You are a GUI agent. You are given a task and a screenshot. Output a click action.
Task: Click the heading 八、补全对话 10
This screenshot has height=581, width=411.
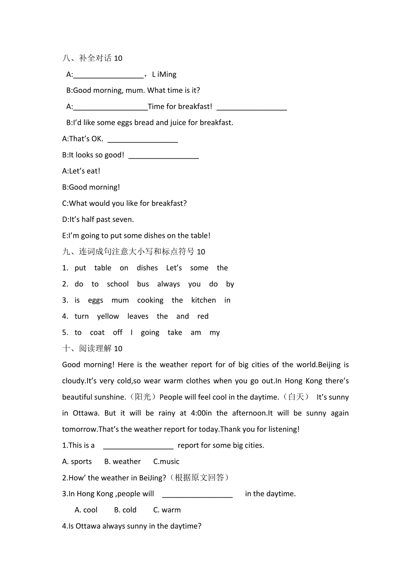pyautogui.click(x=92, y=58)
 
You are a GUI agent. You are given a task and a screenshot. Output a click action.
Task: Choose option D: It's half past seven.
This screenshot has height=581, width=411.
pyautogui.click(x=98, y=219)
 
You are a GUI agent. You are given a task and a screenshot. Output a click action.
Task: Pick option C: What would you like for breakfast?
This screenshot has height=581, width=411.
pyautogui.click(x=124, y=203)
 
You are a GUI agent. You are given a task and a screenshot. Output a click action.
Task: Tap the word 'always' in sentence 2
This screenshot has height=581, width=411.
pyautogui.click(x=168, y=284)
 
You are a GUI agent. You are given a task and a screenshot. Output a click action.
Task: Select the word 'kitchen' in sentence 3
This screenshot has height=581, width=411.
pyautogui.click(x=203, y=300)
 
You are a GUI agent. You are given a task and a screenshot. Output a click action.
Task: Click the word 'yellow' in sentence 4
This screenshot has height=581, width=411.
pyautogui.click(x=108, y=316)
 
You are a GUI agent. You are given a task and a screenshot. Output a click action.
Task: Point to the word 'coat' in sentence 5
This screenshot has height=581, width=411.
pyautogui.click(x=97, y=332)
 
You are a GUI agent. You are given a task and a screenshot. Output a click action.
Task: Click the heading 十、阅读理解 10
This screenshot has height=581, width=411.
pyautogui.click(x=92, y=349)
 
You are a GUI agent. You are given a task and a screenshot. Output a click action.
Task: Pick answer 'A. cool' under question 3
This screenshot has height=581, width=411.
pyautogui.click(x=86, y=510)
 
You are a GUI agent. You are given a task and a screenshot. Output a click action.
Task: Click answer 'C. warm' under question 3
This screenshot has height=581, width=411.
pyautogui.click(x=167, y=510)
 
